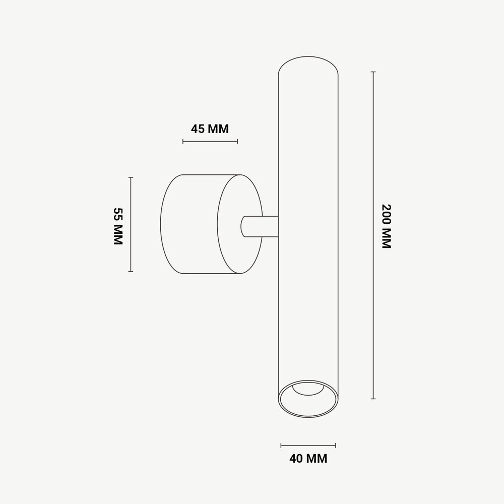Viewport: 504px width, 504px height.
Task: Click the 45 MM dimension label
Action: pyautogui.click(x=210, y=129)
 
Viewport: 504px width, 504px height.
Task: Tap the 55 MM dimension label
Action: pyautogui.click(x=118, y=226)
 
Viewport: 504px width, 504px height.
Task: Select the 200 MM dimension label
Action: pyautogui.click(x=387, y=226)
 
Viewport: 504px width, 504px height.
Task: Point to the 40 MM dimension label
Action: pyautogui.click(x=308, y=459)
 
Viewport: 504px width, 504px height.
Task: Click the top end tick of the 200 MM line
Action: pyautogui.click(x=373, y=72)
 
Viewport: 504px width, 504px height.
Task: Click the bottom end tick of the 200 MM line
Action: pyautogui.click(x=373, y=399)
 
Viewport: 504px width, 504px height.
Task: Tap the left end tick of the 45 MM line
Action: pyautogui.click(x=183, y=141)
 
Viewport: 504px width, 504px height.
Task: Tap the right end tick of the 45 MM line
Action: pyautogui.click(x=237, y=141)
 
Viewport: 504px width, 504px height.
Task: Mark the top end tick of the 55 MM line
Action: pyautogui.click(x=131, y=177)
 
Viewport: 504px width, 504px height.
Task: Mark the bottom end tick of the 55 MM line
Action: pyautogui.click(x=131, y=271)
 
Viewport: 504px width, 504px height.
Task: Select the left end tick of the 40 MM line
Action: pyautogui.click(x=281, y=445)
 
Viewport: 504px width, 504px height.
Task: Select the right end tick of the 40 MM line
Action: pyautogui.click(x=336, y=445)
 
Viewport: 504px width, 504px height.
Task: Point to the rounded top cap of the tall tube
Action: pyautogui.click(x=308, y=66)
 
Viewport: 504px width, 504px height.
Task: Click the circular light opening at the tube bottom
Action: pyautogui.click(x=308, y=400)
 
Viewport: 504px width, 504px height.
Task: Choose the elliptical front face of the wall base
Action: pyautogui.click(x=239, y=224)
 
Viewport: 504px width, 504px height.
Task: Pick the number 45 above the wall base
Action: pyautogui.click(x=198, y=129)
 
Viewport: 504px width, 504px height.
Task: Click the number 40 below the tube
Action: pyautogui.click(x=296, y=459)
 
